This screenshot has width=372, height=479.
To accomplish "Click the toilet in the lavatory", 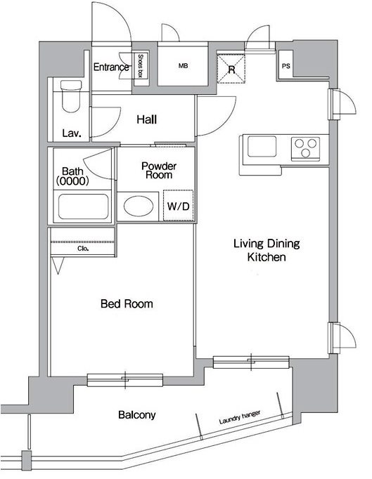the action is pyautogui.click(x=71, y=96).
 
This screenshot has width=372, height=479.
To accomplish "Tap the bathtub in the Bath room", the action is pyautogui.click(x=83, y=206).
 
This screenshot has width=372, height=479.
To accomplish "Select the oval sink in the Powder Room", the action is pyautogui.click(x=139, y=206).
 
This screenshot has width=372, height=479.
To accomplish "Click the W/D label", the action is pyautogui.click(x=179, y=206).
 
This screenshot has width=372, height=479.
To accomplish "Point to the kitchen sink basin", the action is pyautogui.click(x=262, y=147).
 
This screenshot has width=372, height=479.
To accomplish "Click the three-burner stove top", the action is pyautogui.click(x=305, y=149).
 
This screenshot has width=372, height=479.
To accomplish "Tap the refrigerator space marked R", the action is pyautogui.click(x=231, y=69).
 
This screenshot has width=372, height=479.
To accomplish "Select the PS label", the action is pyautogui.click(x=286, y=66).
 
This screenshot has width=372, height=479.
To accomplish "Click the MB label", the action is pyautogui.click(x=183, y=65).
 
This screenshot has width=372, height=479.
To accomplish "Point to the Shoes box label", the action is pyautogui.click(x=141, y=66).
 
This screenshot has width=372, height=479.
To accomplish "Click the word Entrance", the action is pyautogui.click(x=111, y=67).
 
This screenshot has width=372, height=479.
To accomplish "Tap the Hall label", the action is pyautogui.click(x=147, y=119).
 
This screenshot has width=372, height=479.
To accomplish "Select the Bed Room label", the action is pyautogui.click(x=127, y=303).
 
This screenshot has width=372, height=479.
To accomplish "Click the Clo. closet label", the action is pyautogui.click(x=83, y=249).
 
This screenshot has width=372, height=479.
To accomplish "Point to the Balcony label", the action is pyautogui.click(x=136, y=414).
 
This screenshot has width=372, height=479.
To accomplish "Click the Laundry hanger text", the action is pyautogui.click(x=240, y=417).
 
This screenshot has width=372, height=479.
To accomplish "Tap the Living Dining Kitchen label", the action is pyautogui.click(x=267, y=250).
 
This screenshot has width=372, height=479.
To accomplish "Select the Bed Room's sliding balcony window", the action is pyautogui.click(x=125, y=380).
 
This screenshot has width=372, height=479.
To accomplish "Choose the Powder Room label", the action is pyautogui.click(x=159, y=171).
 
